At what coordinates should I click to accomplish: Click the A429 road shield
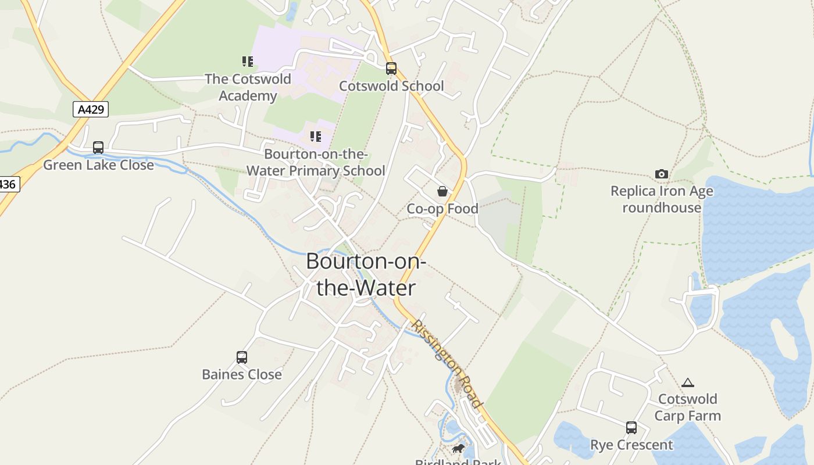pos(91,109)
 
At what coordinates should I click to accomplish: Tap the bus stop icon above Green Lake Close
pos(98,148)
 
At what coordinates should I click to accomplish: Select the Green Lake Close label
pos(98,165)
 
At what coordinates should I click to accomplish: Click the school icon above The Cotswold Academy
pos(248,62)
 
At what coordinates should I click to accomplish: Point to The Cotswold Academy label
pos(248,87)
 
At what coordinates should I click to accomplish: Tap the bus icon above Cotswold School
pos(391,69)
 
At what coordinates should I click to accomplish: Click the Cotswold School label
pos(391,86)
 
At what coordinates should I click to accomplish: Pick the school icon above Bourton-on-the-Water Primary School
pos(316,137)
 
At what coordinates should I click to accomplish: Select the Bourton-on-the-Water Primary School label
pos(316,163)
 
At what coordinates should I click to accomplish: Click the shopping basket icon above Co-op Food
pos(442,191)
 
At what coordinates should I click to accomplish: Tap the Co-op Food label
pos(442,209)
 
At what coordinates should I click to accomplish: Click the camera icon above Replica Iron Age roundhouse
pos(662,174)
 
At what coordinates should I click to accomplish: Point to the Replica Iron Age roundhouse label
pos(662,199)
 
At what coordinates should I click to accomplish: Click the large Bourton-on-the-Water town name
pos(366,274)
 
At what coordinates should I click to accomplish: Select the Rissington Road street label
pos(447,364)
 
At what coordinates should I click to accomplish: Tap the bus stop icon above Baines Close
pos(242,357)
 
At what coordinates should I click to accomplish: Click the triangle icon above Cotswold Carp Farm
pos(688,382)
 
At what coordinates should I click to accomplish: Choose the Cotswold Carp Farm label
pos(688,407)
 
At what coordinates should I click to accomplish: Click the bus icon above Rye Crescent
pos(631,428)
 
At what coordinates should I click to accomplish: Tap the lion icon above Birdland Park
pos(458,449)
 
